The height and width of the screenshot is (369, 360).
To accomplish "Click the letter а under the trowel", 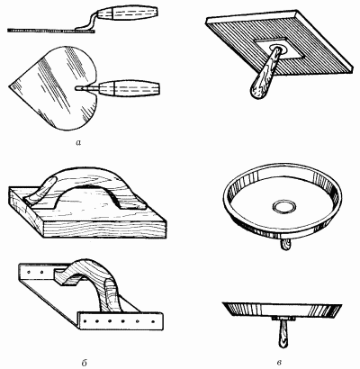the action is [78, 143].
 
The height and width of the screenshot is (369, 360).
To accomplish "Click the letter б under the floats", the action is [85, 363].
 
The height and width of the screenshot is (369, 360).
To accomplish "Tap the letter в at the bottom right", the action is [280, 363].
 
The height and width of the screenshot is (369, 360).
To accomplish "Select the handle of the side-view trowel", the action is [132, 13].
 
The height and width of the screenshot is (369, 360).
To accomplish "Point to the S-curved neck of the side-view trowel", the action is [90, 22].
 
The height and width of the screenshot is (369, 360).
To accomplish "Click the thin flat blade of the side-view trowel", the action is [51, 31].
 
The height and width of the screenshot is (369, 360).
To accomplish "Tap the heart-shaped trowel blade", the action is [54, 87].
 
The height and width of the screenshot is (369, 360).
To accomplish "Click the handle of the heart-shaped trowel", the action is [129, 88].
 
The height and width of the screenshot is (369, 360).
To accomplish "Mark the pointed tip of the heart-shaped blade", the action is [9, 86].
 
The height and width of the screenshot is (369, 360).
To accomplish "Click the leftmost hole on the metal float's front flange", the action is [85, 321].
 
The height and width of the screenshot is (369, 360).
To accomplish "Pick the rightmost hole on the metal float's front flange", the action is [153, 322].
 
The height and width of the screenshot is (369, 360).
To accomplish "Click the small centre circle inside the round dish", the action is [284, 206].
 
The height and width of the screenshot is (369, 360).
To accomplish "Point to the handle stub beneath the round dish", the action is [286, 245].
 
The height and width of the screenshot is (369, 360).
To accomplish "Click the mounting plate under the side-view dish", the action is [283, 319].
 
